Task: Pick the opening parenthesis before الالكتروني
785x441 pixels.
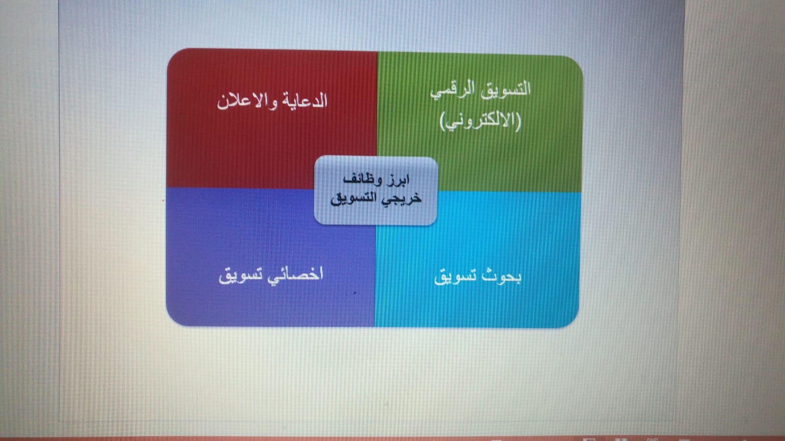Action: (x=518, y=121)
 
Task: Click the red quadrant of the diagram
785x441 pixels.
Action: (x=271, y=119)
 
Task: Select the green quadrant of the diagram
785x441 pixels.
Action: (x=480, y=123)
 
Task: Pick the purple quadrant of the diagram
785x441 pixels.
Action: (x=271, y=258)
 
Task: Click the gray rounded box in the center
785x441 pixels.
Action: (x=376, y=191)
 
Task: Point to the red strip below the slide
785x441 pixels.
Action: (x=393, y=439)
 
